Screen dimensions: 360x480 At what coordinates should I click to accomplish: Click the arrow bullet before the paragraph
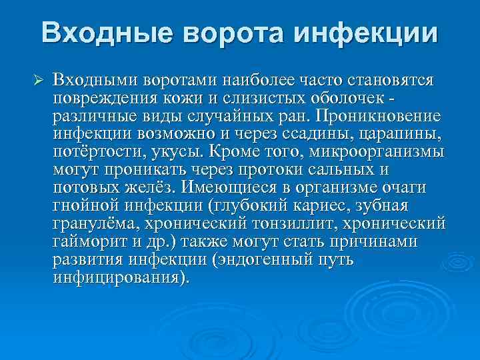[x=38, y=81]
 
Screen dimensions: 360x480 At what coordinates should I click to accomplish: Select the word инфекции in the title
[x=367, y=33]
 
